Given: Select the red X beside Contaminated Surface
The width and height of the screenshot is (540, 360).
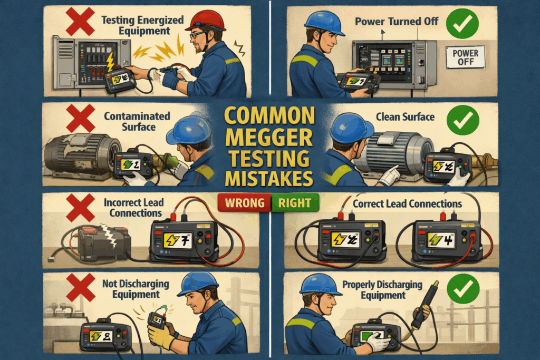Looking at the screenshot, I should [80, 118].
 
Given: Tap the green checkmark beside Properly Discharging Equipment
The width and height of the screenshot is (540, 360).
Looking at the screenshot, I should [462, 289].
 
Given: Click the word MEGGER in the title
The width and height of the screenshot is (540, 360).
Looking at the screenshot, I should [270, 136].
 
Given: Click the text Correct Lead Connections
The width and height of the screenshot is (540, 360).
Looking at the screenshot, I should [407, 203].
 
